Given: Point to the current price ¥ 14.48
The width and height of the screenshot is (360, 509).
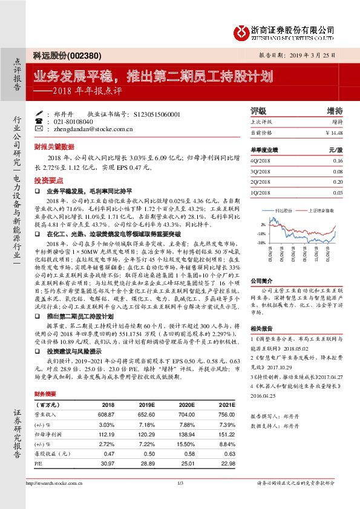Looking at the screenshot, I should pyautogui.click(x=334, y=132).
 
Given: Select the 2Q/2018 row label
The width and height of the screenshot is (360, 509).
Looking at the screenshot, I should pyautogui.click(x=260, y=181).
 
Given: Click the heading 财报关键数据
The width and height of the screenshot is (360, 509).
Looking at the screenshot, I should pyautogui.click(x=54, y=146).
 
